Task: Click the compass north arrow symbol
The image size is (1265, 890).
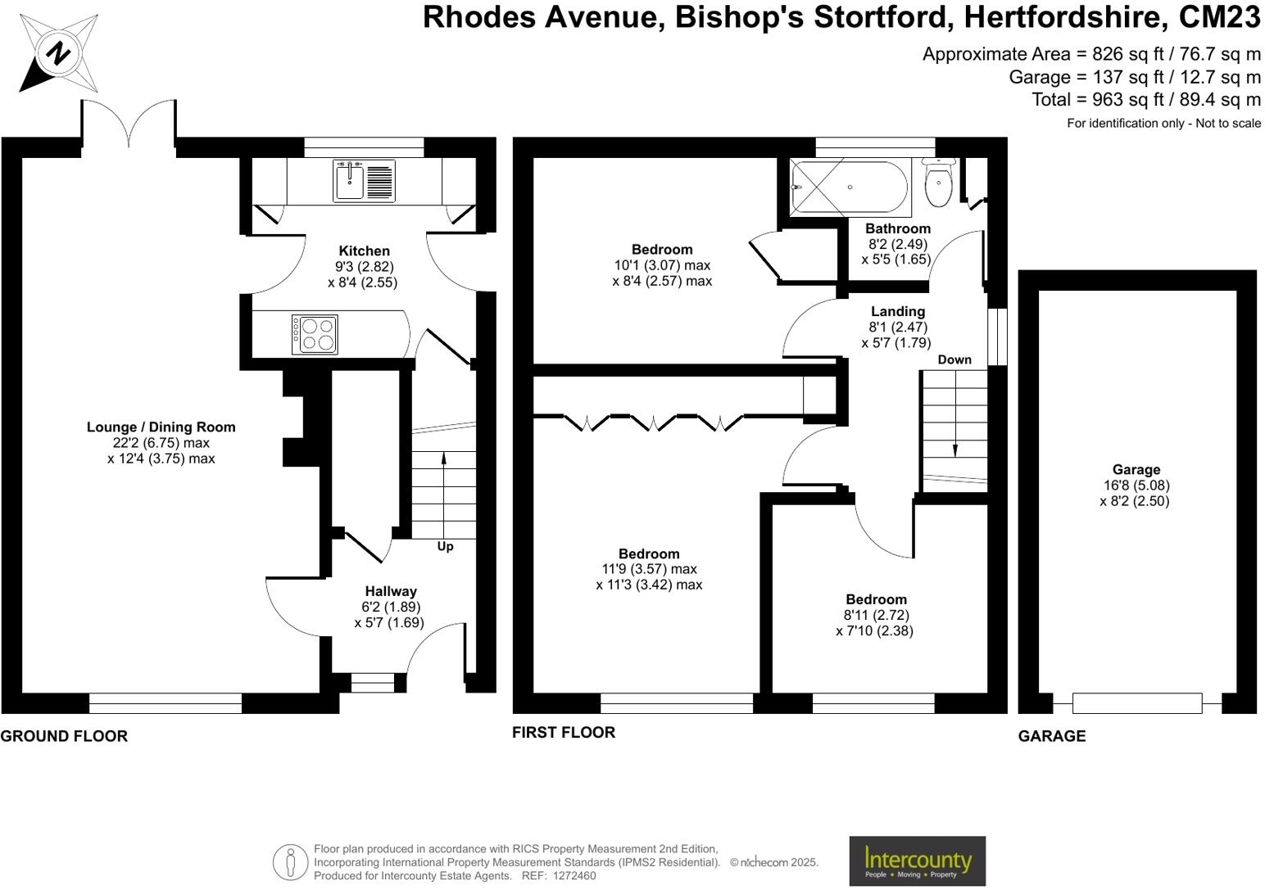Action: click(58, 54)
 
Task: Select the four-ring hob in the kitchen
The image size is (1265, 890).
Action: click(315, 334)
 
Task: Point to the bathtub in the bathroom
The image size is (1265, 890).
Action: click(849, 187)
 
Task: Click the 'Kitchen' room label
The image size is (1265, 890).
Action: click(364, 251)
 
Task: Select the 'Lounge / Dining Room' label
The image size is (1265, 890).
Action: click(161, 427)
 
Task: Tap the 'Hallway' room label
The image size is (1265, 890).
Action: click(390, 591)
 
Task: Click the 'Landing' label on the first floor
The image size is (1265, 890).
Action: click(897, 311)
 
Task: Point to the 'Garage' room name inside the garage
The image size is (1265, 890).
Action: click(1136, 469)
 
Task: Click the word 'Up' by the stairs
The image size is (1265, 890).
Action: click(445, 546)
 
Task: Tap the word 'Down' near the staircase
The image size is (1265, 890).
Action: click(954, 359)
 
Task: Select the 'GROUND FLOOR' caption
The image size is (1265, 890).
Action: click(64, 736)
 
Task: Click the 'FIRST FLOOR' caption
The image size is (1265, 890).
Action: click(563, 732)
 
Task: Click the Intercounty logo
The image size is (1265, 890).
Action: click(917, 861)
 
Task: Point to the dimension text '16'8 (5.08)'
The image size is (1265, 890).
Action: click(1136, 485)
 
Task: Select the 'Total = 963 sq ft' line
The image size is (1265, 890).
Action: click(1145, 100)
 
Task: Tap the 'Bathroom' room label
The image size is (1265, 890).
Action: click(897, 228)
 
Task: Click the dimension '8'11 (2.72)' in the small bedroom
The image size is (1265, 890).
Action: click(876, 615)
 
